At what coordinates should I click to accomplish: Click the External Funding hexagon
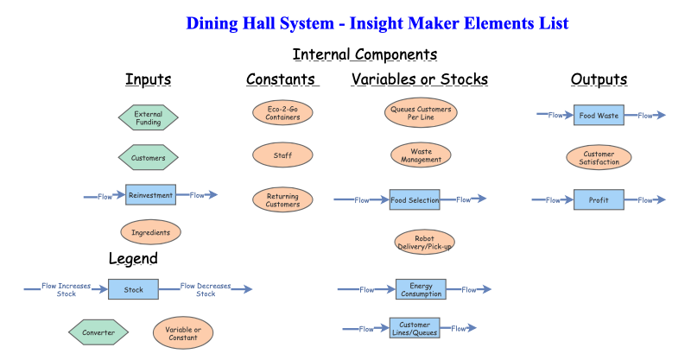(x=148, y=117)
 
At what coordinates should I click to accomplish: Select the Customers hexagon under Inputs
(x=148, y=157)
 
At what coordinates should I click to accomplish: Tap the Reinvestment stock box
(x=150, y=195)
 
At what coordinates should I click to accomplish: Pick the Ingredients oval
(x=150, y=232)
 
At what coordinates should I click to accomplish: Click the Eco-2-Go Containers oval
(x=283, y=113)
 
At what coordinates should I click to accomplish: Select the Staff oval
(x=282, y=155)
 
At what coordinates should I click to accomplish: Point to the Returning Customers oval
(x=282, y=199)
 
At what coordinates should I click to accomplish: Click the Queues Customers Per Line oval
(x=420, y=113)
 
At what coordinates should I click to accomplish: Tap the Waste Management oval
(x=421, y=155)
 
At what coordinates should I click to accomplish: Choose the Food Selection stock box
(x=415, y=199)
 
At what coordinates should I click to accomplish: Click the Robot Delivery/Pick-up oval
(x=423, y=242)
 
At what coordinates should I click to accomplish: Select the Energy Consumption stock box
(x=421, y=289)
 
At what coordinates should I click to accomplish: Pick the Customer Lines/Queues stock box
(x=415, y=328)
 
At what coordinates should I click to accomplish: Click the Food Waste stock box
(x=599, y=115)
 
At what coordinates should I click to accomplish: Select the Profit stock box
(x=599, y=199)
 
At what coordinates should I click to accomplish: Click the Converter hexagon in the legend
(x=98, y=332)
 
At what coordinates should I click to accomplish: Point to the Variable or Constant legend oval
(x=182, y=332)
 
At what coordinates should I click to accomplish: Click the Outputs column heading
(x=599, y=80)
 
